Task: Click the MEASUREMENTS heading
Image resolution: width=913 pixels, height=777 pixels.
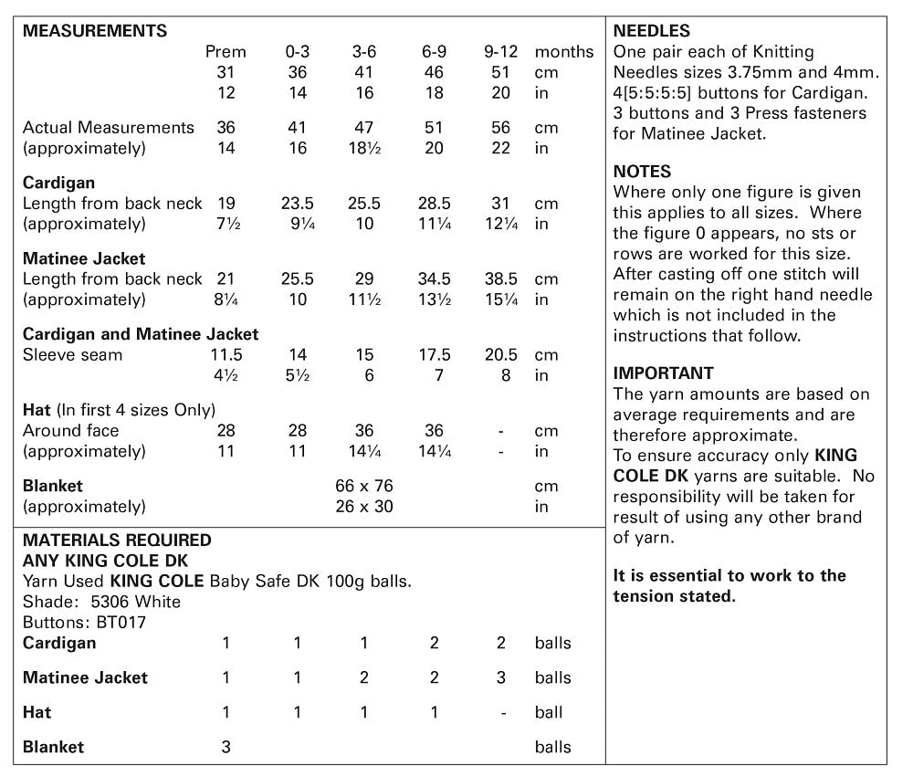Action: coord(95,31)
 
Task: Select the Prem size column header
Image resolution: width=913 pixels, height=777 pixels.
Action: coord(226,52)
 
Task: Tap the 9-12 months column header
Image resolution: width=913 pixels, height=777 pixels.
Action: coord(501,52)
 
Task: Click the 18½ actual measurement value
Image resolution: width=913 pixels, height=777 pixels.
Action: coord(364,148)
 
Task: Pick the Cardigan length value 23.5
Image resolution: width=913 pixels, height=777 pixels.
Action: coord(297,204)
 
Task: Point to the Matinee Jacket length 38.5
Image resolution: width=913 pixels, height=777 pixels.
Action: coord(501,279)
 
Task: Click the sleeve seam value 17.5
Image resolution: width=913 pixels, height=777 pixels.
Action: coord(434,355)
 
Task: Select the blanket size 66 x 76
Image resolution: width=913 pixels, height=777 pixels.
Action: coord(364,486)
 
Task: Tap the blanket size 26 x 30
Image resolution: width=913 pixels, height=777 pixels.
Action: coord(364,506)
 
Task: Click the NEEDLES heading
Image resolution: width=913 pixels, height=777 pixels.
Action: coord(652,31)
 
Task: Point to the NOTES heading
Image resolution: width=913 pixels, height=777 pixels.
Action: coord(642,172)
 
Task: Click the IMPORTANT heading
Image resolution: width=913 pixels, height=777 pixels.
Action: coord(663,373)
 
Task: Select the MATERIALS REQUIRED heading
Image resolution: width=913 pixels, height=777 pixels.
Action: coord(117,540)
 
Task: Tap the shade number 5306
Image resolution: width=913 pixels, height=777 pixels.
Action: coord(112,602)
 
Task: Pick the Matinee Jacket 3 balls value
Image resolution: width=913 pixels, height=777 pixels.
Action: coord(501,677)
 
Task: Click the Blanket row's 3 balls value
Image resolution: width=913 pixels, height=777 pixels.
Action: coord(226,747)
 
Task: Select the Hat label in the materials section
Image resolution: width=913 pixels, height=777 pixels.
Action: coord(37,712)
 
